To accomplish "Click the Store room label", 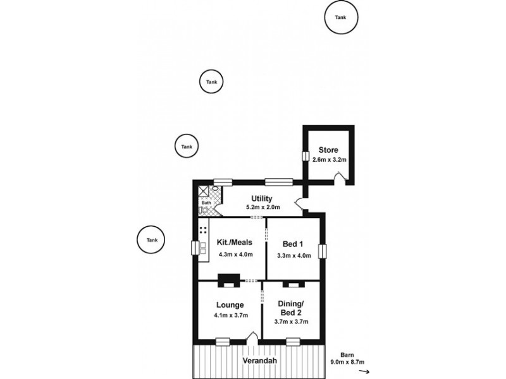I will pyautogui.click(x=328, y=150).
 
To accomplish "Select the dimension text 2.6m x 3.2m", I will pyautogui.click(x=328, y=160).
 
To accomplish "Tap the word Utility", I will pyautogui.click(x=261, y=198).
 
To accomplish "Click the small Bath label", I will pyautogui.click(x=206, y=203).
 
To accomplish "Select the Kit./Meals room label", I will pyautogui.click(x=234, y=243).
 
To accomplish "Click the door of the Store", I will pyautogui.click(x=342, y=181).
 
